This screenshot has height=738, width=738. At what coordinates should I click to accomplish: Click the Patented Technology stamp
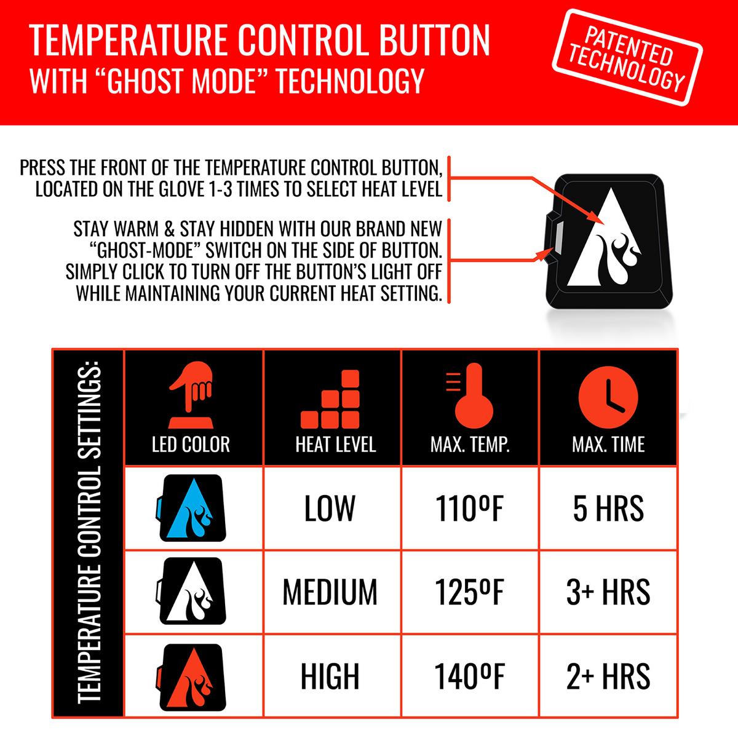[x=627, y=57]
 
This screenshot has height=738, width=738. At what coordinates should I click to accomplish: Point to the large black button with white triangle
[x=609, y=242]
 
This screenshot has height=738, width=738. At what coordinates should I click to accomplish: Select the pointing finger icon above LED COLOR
[x=191, y=394]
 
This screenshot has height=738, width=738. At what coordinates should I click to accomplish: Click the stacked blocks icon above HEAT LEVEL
[x=330, y=399]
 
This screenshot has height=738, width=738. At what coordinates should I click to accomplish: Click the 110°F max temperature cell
[x=469, y=509]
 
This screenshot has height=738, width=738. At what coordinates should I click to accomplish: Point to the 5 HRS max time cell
[x=608, y=509]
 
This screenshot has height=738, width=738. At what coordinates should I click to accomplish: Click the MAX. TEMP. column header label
[x=470, y=445]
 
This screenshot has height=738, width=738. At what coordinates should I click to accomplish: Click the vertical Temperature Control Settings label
[x=90, y=533]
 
